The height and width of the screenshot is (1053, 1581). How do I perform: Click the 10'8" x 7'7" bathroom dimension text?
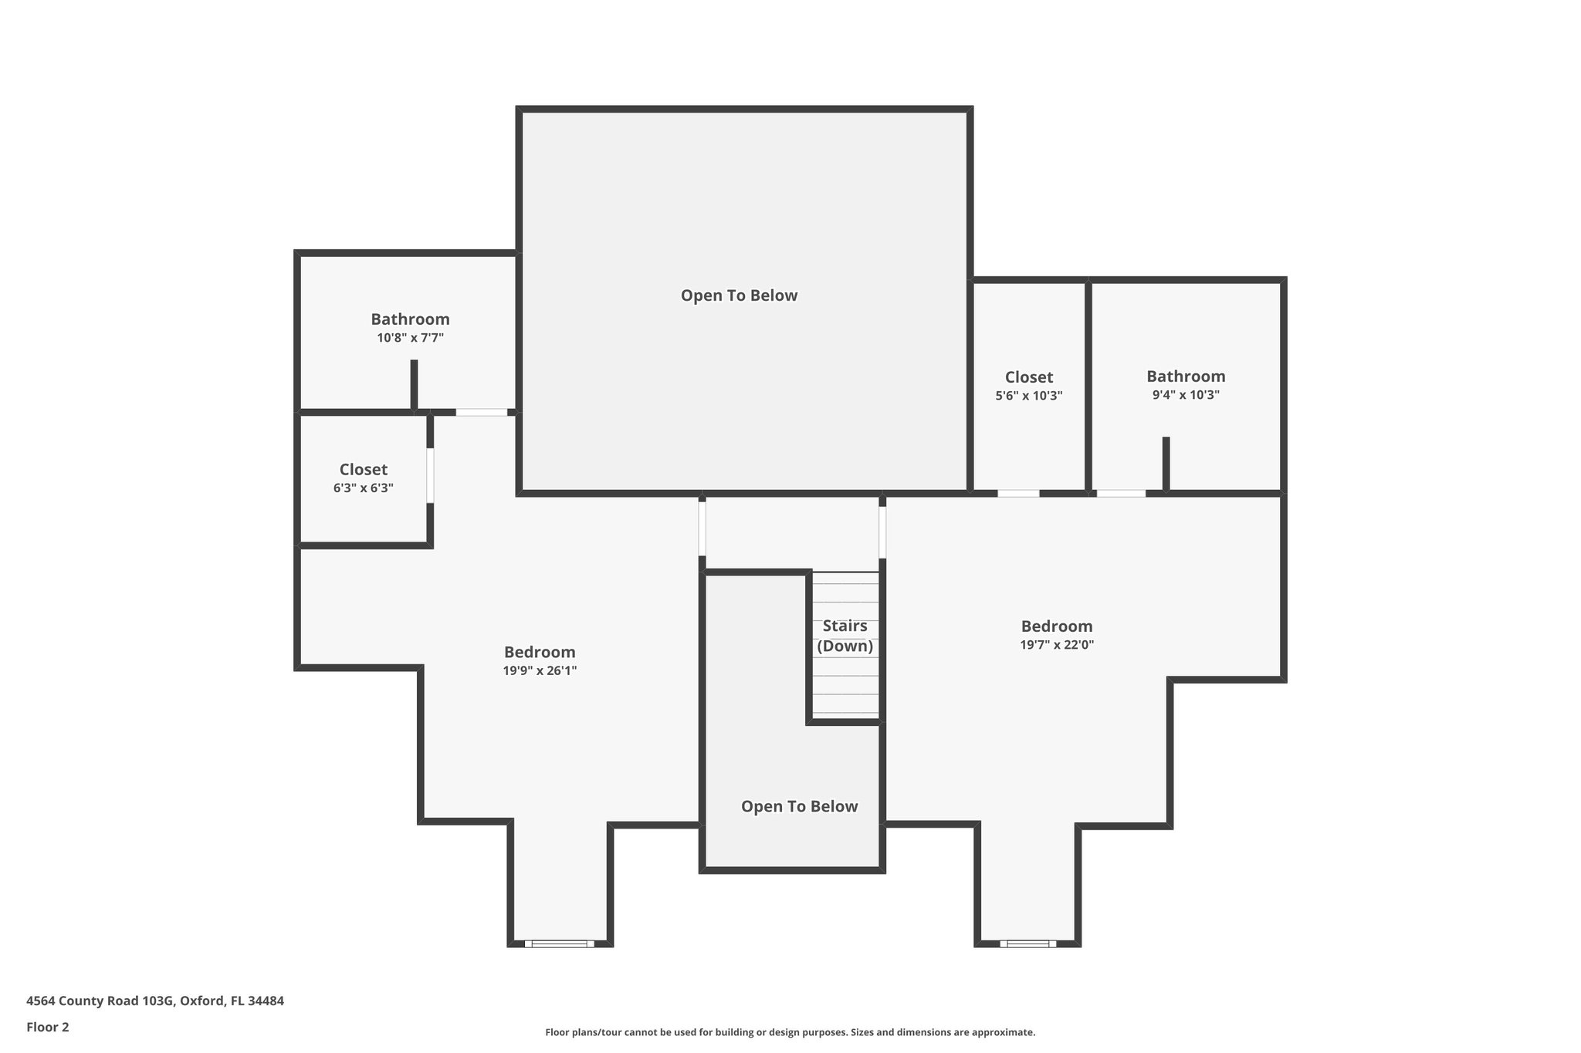(410, 338)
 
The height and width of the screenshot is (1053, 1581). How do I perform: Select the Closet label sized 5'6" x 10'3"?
(1028, 377)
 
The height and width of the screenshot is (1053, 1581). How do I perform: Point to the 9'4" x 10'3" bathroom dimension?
(1185, 395)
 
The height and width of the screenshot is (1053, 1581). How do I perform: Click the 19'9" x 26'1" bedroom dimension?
(540, 671)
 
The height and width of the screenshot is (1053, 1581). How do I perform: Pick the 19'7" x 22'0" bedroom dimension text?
(1056, 645)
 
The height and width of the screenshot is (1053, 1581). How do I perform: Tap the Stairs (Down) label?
(845, 636)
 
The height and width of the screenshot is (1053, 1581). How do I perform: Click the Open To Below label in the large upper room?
(739, 295)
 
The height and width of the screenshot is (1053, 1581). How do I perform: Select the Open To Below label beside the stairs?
(799, 806)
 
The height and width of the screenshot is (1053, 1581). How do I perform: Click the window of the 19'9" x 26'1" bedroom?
(560, 943)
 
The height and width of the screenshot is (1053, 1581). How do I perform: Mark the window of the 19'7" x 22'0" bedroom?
(1027, 943)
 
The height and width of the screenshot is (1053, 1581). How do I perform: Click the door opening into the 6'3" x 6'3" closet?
(430, 476)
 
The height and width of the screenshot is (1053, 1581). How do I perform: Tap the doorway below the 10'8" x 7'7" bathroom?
(481, 412)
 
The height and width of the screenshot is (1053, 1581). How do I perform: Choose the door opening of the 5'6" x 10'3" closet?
(1017, 493)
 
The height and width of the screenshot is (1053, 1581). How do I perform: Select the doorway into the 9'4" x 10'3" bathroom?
(1120, 493)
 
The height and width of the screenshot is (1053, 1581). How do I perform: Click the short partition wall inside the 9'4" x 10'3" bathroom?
(1166, 463)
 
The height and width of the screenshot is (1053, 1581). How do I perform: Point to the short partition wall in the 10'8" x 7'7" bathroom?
(414, 384)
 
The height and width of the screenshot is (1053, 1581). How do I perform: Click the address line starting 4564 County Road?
(155, 1001)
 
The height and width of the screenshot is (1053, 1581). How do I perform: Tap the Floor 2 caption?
(48, 1027)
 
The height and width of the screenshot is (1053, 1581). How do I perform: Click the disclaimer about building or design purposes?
(790, 1032)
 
